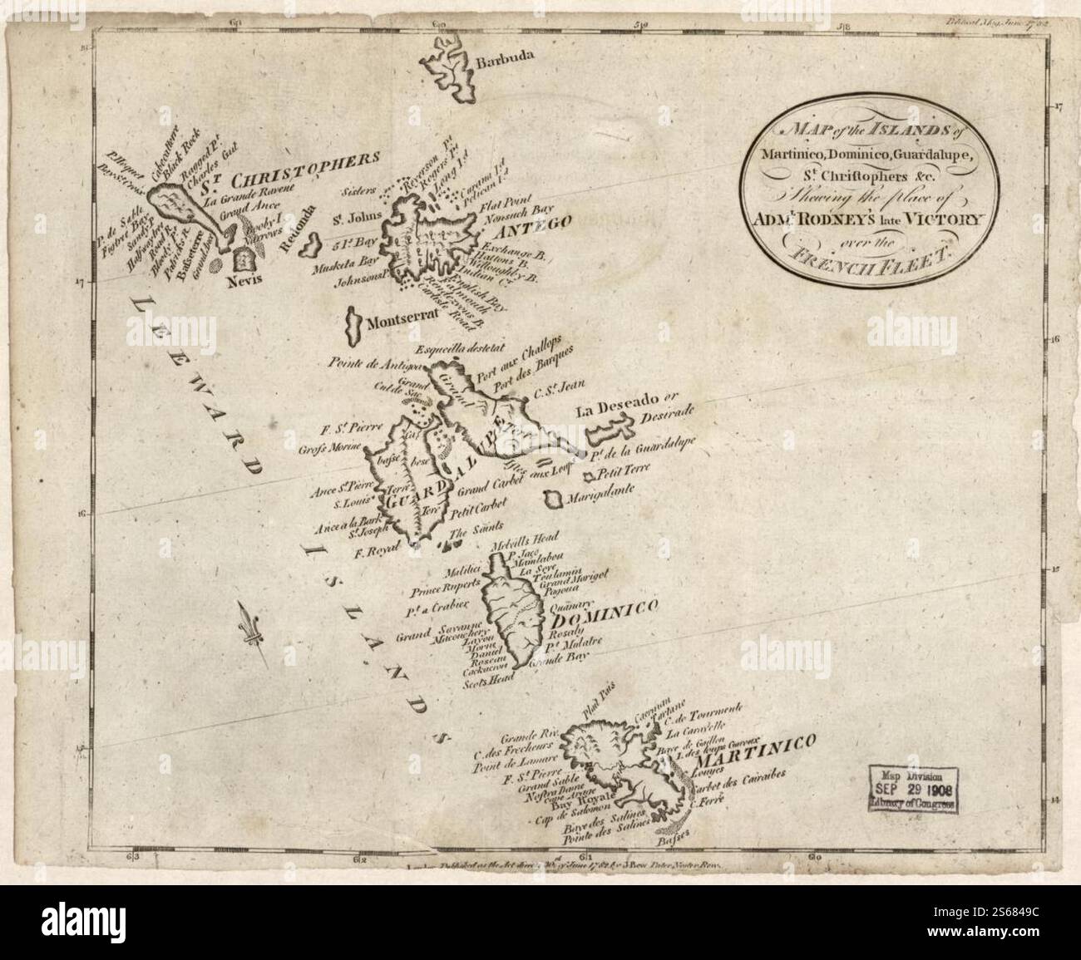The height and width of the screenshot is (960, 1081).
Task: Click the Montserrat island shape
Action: click(x=353, y=325)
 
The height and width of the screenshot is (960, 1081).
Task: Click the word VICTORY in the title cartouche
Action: click(x=942, y=221)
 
